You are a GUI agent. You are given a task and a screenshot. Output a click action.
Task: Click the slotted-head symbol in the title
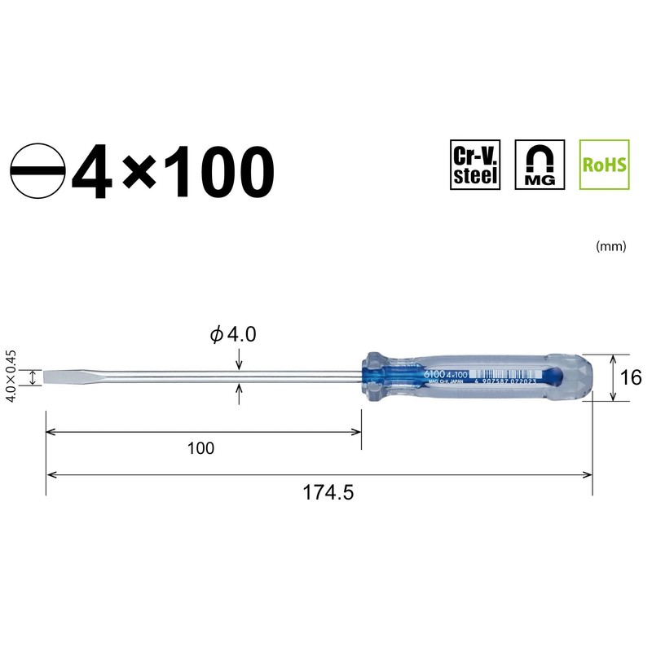[37, 172]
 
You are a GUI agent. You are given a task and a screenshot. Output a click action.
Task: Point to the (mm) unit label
[610, 245]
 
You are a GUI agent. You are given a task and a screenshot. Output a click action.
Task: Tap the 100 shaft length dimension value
[200, 448]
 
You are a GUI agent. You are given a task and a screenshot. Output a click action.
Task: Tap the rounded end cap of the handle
[584, 377]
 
